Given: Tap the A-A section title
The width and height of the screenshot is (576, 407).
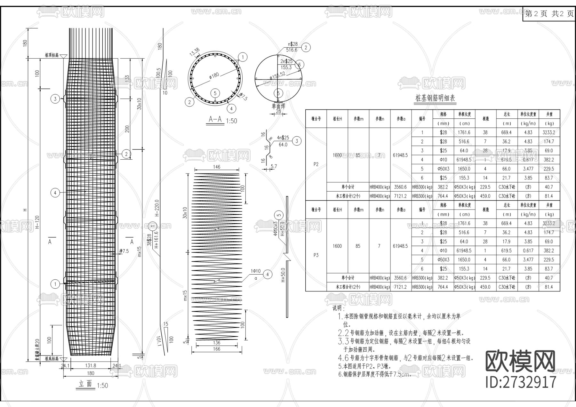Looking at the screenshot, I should [x=215, y=119].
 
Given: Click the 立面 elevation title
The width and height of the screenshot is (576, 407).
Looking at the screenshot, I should [x=85, y=384].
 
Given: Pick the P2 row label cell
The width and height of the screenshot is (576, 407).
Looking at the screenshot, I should [x=316, y=164].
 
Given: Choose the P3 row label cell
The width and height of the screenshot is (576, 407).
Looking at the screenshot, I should [x=316, y=255].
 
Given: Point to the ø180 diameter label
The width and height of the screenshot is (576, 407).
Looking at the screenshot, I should [x=214, y=76].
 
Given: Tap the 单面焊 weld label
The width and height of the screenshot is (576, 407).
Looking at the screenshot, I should [x=278, y=106].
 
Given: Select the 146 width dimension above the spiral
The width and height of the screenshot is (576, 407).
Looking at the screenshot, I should [x=217, y=167].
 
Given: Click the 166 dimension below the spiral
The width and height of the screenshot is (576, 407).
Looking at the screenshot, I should [x=217, y=349].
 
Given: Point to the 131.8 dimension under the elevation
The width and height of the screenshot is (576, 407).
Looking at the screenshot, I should [x=91, y=365].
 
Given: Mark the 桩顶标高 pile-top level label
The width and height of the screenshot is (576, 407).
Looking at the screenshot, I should [x=52, y=55].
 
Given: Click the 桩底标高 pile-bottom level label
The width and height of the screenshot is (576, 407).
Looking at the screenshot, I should [x=52, y=359].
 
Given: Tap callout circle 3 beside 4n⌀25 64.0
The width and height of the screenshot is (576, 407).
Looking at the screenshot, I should [x=297, y=141].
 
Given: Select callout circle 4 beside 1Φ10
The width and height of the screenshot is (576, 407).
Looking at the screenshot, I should [x=268, y=274].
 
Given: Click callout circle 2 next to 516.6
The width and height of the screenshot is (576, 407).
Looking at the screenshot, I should [x=306, y=47].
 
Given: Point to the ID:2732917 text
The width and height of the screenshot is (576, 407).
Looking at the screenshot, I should [x=521, y=382].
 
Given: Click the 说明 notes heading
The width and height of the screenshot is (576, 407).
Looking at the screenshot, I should [x=338, y=308].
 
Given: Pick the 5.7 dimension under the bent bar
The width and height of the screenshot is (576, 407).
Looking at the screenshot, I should [x=274, y=166].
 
